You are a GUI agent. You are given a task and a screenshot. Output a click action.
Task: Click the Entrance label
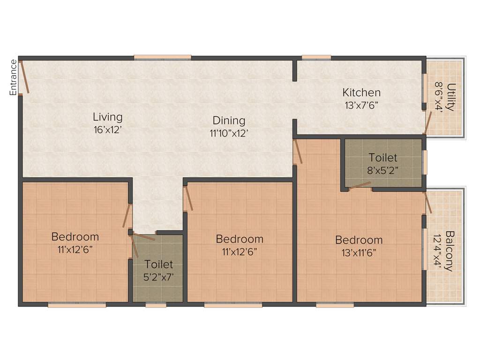pos(14,77)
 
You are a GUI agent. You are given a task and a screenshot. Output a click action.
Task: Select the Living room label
pos(107,117)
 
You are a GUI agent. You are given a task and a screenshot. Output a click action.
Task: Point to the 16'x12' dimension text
pos(107,130)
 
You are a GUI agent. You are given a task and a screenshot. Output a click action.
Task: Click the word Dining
pos(229,120)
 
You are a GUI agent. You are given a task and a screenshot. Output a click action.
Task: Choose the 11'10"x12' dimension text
pos(229,133)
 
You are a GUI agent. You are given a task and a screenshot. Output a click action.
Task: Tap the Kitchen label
pos(361,92)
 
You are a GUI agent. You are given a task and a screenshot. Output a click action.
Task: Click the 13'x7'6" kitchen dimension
pos(361,105)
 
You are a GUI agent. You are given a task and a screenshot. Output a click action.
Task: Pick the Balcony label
pos(449,251)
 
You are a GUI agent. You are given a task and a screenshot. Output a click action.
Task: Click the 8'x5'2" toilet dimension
pos(382,170)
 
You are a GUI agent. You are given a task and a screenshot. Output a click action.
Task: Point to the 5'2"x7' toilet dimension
pos(159,277)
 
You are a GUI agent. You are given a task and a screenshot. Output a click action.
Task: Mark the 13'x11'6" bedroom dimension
pos(359,253)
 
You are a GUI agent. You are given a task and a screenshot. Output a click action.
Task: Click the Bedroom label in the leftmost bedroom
pos(75,237)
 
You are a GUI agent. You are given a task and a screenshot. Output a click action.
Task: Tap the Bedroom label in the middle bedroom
pos(240,239)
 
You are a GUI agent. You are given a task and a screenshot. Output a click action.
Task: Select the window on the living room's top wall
pos(162,58)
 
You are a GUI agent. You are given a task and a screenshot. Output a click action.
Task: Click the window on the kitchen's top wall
pos(316,58)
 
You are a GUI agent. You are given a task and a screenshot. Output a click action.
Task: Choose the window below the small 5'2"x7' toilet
pos(156,305)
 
